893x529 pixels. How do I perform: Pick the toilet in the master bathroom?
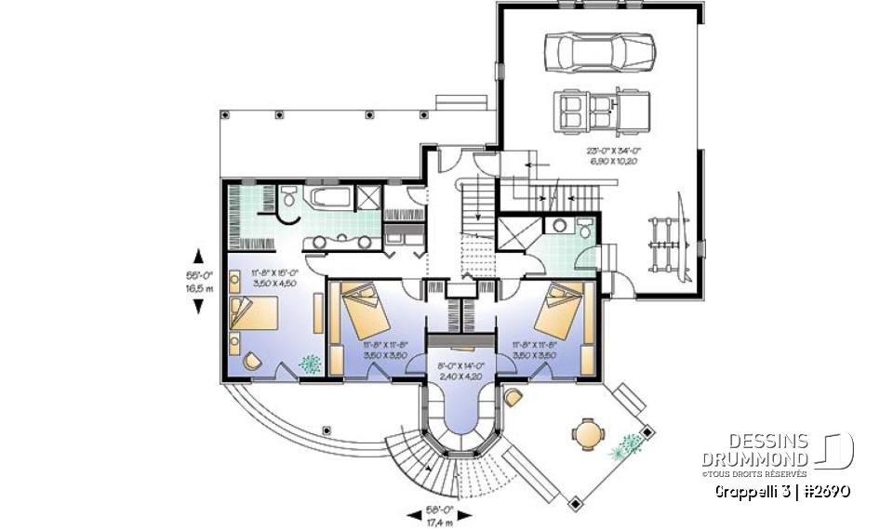(x=289, y=198)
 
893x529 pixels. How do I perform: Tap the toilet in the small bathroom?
(x=583, y=230)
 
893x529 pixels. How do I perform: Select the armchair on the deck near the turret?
(x=513, y=399)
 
